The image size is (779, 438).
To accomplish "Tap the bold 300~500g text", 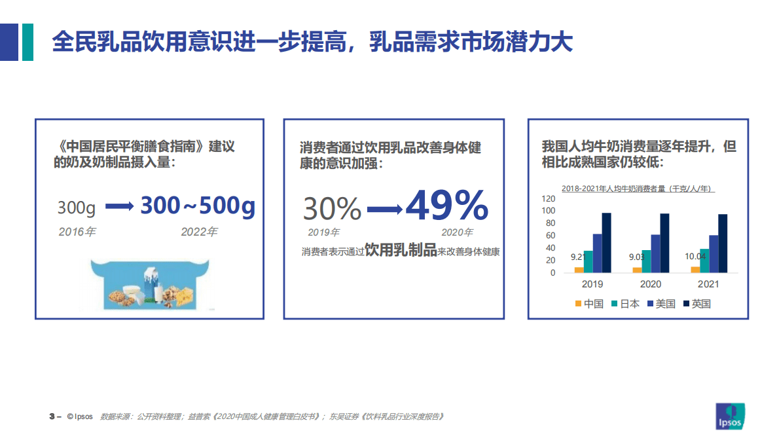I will click(x=198, y=206).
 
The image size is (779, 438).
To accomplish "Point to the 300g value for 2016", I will click(x=77, y=208).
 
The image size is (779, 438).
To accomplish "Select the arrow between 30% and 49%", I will click(x=384, y=210).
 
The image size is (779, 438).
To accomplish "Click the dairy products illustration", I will click(x=151, y=283).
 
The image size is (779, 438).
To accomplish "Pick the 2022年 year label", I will click(x=199, y=232).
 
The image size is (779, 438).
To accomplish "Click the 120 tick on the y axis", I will click(x=548, y=198).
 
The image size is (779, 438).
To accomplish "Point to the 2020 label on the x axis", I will click(x=650, y=284).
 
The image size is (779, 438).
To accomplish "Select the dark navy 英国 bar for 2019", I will click(x=606, y=242).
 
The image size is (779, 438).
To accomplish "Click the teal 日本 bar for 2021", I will click(x=704, y=260).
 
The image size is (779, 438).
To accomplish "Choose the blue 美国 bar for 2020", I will click(x=655, y=253).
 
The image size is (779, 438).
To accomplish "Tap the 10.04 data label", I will click(x=695, y=257).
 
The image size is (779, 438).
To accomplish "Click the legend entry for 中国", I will click(x=589, y=304).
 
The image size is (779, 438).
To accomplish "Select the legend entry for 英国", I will click(x=697, y=304).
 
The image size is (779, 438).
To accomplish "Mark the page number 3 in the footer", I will click(x=52, y=416).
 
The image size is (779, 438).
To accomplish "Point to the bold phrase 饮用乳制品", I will click(x=400, y=250).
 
